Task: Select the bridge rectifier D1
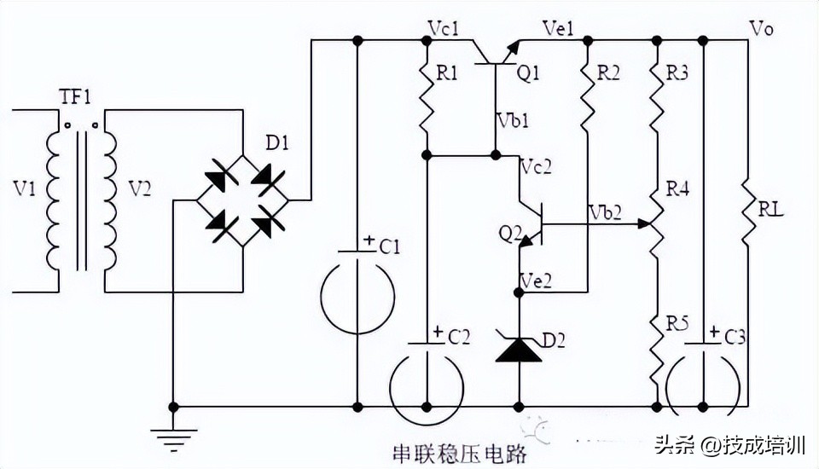(242, 201)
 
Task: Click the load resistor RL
(747, 209)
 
